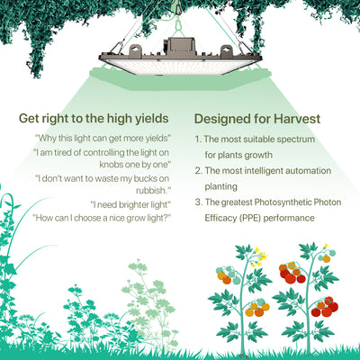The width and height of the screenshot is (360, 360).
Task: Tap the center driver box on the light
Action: point(180,41)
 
